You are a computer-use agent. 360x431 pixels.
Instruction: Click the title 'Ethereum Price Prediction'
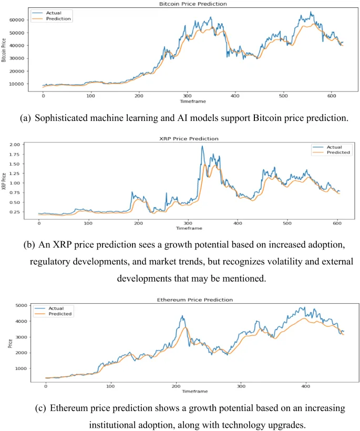tap(188, 299)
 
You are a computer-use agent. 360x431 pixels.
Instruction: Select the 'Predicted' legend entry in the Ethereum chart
tap(61, 314)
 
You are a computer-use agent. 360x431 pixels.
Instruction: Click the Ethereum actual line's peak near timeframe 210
tap(182, 316)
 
